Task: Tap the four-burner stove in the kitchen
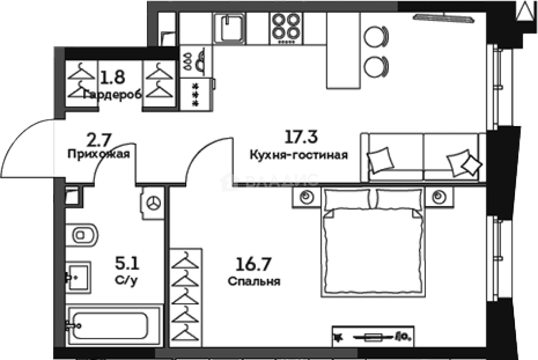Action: tap(284, 27)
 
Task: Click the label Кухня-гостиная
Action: tap(298, 155)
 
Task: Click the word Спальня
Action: tap(254, 282)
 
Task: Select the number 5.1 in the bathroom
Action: tap(127, 262)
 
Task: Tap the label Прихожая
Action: tap(99, 154)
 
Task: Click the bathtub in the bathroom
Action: tap(110, 325)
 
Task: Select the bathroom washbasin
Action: tap(78, 277)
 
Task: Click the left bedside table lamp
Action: tap(305, 197)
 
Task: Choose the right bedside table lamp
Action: tap(437, 197)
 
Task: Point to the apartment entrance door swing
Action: tap(30, 148)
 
